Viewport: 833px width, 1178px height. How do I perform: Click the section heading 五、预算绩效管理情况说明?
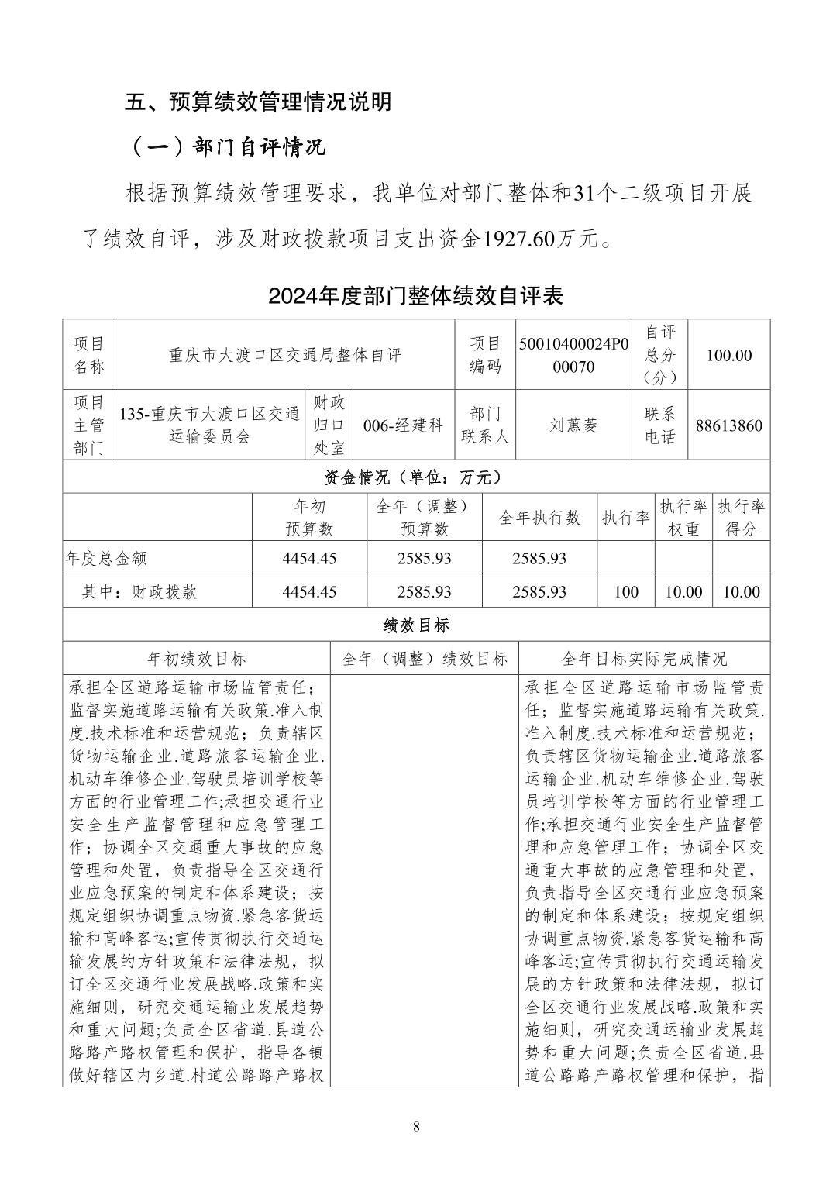click(x=258, y=102)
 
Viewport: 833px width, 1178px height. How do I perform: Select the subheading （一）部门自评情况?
click(x=225, y=147)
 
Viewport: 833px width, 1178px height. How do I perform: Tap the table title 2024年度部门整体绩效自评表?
click(x=415, y=295)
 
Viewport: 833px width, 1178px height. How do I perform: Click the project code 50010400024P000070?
click(x=573, y=356)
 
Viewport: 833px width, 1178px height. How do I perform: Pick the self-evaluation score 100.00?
click(x=728, y=356)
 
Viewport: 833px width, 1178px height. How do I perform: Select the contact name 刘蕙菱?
click(x=573, y=425)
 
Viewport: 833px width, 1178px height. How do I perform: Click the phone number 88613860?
click(x=728, y=425)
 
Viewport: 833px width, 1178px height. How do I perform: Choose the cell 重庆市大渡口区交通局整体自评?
click(x=285, y=356)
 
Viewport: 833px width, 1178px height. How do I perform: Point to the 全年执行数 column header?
click(x=539, y=518)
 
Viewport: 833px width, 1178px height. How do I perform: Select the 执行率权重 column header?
click(x=683, y=518)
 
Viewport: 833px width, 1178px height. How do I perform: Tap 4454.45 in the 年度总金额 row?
click(x=309, y=558)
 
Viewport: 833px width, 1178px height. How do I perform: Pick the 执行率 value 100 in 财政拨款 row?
click(x=625, y=592)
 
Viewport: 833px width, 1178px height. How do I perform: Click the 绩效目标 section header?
click(x=416, y=625)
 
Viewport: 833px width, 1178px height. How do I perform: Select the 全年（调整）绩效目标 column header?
click(x=425, y=659)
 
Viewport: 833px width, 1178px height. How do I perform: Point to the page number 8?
click(x=416, y=1127)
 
